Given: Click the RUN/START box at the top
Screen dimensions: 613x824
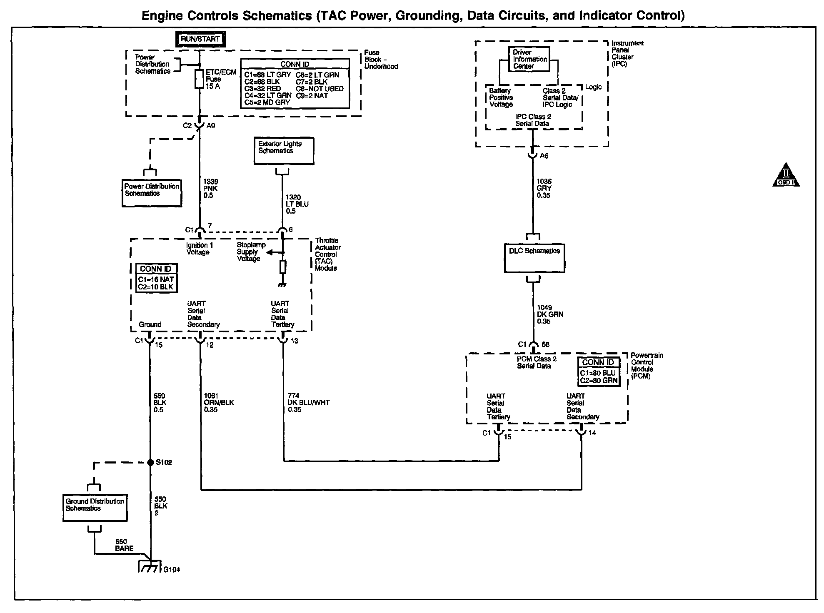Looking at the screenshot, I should tap(200, 40).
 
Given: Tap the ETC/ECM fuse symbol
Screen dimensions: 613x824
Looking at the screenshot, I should tap(200, 79).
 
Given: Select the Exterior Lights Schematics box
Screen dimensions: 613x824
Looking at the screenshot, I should tap(284, 151).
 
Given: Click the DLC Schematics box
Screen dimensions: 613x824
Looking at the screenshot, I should tap(534, 258).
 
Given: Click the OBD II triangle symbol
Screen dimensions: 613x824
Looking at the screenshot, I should tap(786, 175).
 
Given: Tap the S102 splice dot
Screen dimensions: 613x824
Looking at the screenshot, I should tap(150, 463).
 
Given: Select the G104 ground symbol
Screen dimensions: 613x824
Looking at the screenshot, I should tap(149, 567).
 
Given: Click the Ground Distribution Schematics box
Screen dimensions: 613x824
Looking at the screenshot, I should tap(95, 508).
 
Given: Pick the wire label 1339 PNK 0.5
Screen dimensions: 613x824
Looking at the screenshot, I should tap(211, 189).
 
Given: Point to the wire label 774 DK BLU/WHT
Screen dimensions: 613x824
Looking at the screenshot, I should tap(308, 403).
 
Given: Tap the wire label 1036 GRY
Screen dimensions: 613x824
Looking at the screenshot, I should tap(544, 188).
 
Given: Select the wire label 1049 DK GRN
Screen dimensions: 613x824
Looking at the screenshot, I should tap(550, 314).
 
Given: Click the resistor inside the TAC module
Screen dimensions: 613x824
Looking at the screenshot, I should tap(283, 267).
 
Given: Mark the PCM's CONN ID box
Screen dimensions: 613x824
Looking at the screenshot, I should tap(598, 371).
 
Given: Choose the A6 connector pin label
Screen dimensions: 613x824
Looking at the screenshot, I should tap(544, 156).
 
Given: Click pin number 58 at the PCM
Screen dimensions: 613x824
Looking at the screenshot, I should tap(545, 345).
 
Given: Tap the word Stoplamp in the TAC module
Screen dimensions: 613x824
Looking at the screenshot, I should tap(251, 245).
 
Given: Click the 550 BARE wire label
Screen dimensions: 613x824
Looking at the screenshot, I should tap(124, 545).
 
